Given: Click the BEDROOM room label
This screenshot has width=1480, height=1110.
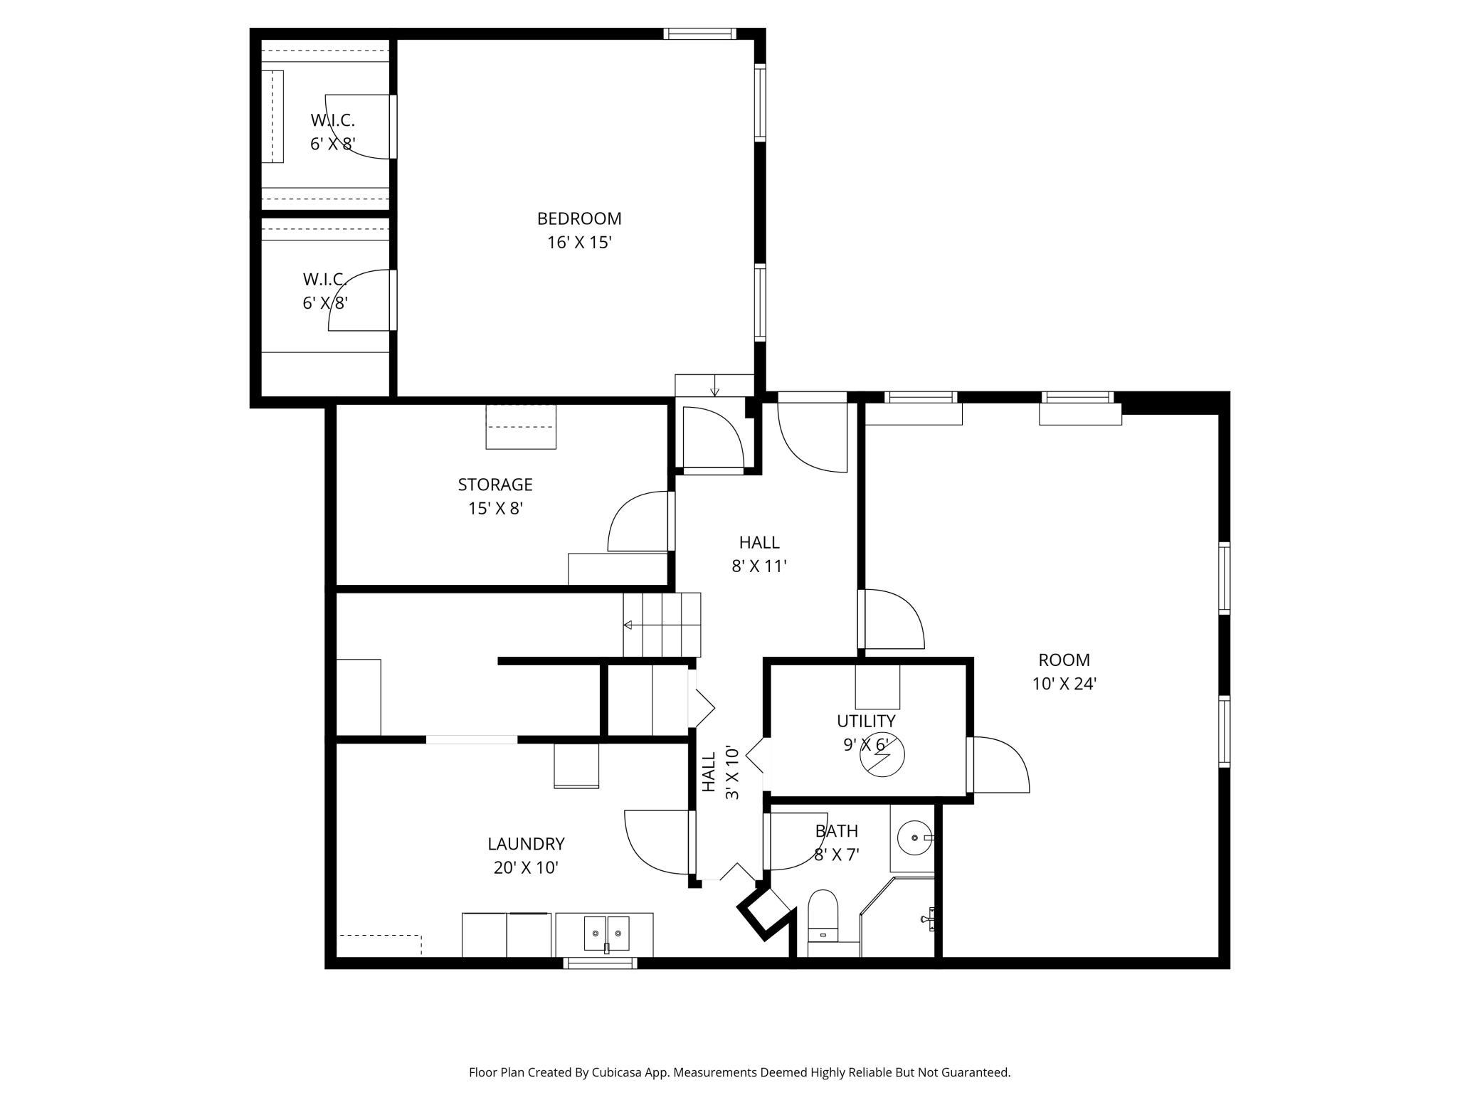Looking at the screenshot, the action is pyautogui.click(x=579, y=218).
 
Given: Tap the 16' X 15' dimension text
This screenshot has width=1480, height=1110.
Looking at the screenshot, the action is pyautogui.click(x=579, y=243).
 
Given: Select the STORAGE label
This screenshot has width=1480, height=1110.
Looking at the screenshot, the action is pyautogui.click(x=495, y=485).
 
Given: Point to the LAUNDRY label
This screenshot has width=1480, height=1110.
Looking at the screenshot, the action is pyautogui.click(x=526, y=844).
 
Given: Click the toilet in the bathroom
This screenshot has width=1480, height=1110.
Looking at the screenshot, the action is pyautogui.click(x=824, y=916).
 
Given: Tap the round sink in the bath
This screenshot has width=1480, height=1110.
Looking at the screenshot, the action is pyautogui.click(x=914, y=838).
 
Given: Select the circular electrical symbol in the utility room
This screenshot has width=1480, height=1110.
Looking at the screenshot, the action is pyautogui.click(x=882, y=756).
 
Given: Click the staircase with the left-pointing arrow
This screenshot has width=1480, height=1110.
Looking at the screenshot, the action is pyautogui.click(x=662, y=625).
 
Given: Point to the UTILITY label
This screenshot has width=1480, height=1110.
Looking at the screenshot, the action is pyautogui.click(x=866, y=721).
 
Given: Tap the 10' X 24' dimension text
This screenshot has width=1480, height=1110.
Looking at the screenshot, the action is pyautogui.click(x=1064, y=684).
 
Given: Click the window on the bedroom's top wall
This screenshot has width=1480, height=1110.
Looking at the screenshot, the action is pyautogui.click(x=699, y=33).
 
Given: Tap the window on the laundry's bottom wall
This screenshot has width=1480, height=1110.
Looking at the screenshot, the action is pyautogui.click(x=600, y=963).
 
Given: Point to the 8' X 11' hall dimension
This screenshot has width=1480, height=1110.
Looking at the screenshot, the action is pyautogui.click(x=759, y=566).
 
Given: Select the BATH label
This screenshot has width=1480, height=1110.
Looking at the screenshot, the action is pyautogui.click(x=837, y=831).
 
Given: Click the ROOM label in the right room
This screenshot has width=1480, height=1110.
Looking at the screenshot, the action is pyautogui.click(x=1064, y=660).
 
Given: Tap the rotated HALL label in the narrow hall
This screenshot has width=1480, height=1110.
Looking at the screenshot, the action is pyautogui.click(x=709, y=772).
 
